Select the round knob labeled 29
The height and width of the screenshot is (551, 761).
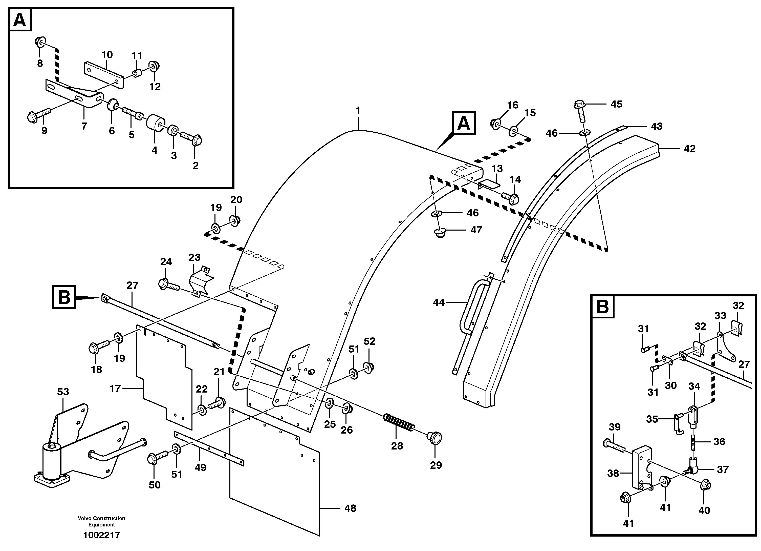[x=434, y=438]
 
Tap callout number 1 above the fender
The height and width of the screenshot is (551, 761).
[x=358, y=110]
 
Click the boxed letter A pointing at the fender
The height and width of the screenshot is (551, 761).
[x=464, y=123]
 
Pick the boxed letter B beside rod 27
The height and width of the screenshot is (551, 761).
[x=64, y=297]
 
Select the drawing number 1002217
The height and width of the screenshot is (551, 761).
[x=101, y=535]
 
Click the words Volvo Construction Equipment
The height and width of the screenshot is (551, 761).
[x=101, y=521]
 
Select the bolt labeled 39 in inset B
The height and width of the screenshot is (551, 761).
[x=614, y=445]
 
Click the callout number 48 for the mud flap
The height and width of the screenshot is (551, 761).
[x=350, y=508]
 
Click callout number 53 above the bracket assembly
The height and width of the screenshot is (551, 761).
[x=63, y=392]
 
